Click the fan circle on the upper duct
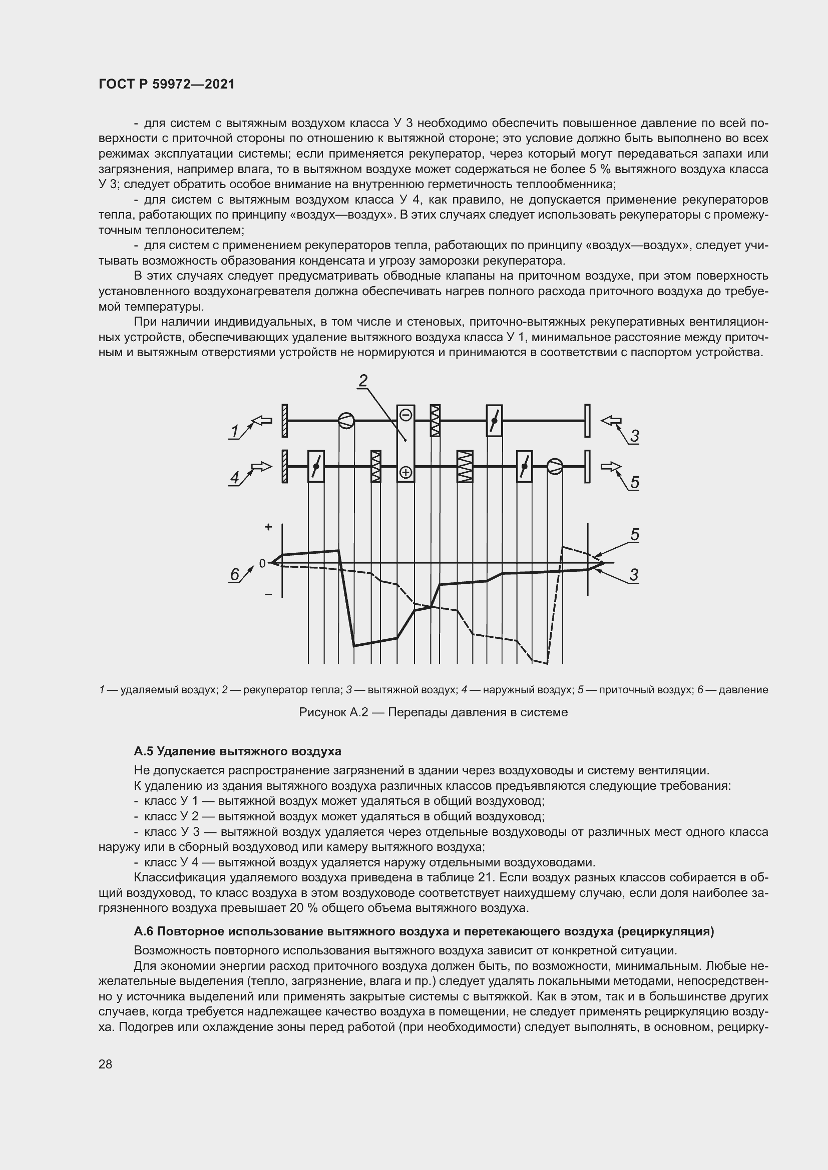346,421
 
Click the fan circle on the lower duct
555,466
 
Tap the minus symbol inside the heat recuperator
406,415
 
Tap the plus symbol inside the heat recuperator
406,472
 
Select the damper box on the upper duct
494,421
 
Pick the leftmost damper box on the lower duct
316,466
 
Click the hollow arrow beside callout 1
262,421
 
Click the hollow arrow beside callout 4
262,466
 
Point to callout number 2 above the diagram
363,381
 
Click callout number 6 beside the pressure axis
234,575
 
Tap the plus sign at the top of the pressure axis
268,527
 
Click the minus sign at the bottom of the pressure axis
268,594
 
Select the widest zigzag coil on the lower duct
465,466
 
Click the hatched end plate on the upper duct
284,421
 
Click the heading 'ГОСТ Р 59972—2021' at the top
167,85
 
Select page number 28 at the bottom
106,1064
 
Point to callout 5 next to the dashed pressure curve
634,535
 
